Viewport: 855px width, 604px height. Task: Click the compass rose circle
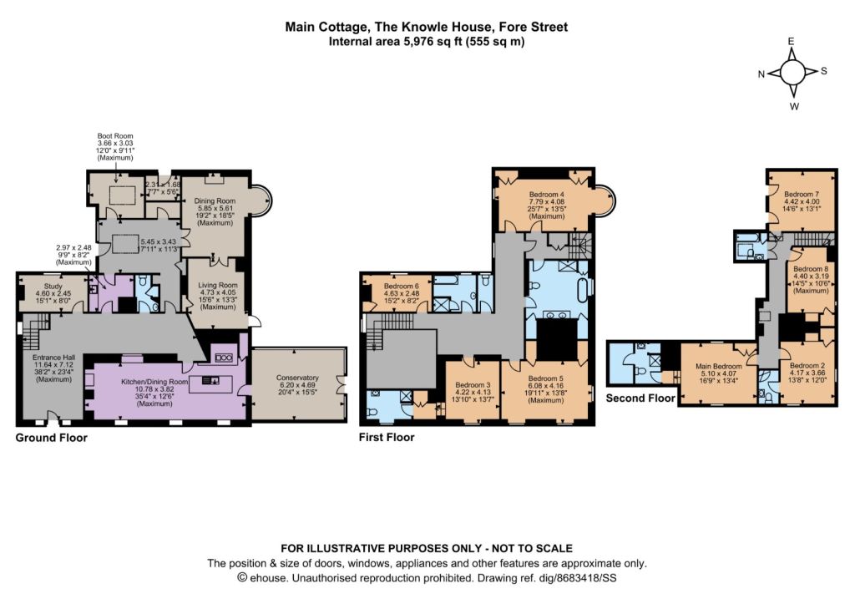[x=792, y=72]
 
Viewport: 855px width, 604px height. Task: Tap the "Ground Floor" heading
[x=51, y=438]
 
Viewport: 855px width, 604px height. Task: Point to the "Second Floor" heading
[x=640, y=398]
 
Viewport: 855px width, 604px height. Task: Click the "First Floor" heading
[x=387, y=437]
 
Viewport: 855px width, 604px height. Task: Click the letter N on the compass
[x=761, y=74]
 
